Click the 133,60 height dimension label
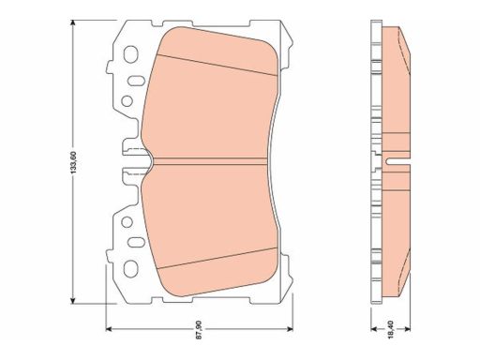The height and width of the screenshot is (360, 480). [x=73, y=162]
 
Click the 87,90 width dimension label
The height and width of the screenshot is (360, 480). [x=200, y=329]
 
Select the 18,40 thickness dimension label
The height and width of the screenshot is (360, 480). [x=391, y=329]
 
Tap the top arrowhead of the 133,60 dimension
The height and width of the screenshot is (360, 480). [x=73, y=22]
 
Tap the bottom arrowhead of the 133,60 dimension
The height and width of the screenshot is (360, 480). [x=73, y=300]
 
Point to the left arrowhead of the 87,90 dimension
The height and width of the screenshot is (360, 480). [x=109, y=329]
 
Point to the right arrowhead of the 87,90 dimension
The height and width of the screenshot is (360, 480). [x=290, y=329]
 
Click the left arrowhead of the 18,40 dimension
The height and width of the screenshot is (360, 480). [x=374, y=329]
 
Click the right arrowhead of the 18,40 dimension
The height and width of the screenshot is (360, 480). [x=408, y=329]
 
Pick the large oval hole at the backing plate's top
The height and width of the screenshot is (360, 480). [x=130, y=54]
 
